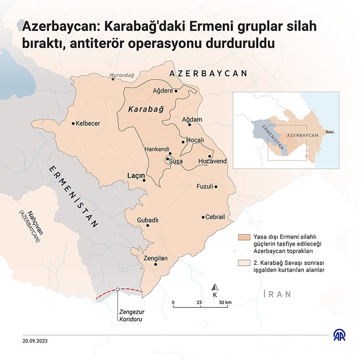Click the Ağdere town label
163,90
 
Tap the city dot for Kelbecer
73,123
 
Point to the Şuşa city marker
167,159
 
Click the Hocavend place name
212,161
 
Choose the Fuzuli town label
204,187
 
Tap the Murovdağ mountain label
121,75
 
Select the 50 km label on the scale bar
225,302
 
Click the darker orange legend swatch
246,237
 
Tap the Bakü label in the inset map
330,132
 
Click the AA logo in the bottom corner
340,335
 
